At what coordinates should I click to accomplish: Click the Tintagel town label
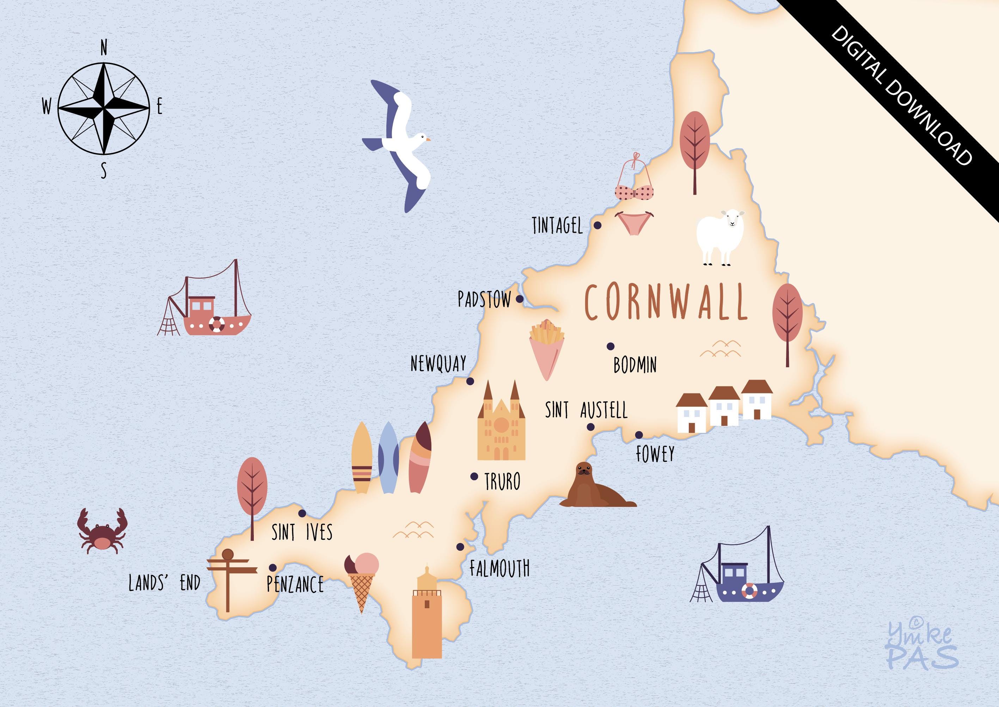(557, 226)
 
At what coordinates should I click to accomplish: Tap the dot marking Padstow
(520, 299)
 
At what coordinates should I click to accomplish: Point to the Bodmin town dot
(611, 346)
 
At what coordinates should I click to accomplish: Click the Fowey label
(655, 454)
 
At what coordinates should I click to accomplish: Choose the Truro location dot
(474, 476)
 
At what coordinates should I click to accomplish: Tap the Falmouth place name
(499, 568)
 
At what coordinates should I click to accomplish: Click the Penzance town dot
(273, 567)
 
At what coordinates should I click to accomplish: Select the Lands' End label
(165, 583)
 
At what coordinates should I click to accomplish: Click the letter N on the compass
(104, 48)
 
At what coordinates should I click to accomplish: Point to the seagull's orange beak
(428, 140)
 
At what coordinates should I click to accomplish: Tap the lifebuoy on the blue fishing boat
(749, 591)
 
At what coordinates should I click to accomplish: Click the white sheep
(720, 236)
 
